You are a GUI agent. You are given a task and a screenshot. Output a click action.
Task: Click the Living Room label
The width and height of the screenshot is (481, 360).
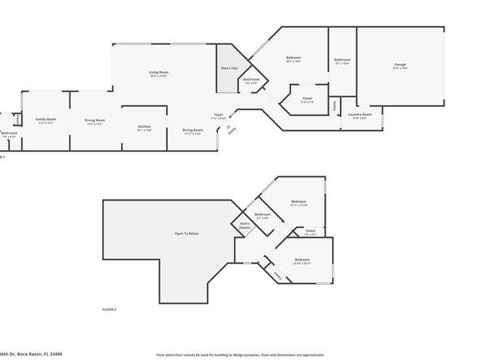158,74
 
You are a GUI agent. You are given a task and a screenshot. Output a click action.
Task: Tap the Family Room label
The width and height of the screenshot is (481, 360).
45,119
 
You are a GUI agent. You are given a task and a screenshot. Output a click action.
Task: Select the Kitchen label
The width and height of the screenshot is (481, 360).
143,126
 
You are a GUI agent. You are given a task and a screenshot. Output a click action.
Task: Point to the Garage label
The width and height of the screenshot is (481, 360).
400,64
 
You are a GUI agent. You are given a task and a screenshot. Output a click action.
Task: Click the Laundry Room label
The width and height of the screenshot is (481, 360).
360,115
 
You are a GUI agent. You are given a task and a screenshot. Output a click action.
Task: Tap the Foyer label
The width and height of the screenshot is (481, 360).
219,115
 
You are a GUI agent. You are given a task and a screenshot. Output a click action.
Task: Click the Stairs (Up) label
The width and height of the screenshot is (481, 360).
229,69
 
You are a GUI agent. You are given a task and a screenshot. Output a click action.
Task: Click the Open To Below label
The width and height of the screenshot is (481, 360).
186,233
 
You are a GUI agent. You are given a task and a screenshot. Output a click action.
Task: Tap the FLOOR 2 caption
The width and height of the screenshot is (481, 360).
109,310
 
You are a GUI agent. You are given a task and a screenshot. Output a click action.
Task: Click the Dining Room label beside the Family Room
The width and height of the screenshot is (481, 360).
95,121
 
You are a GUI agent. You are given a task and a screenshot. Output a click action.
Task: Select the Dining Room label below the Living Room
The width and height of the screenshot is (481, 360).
192,130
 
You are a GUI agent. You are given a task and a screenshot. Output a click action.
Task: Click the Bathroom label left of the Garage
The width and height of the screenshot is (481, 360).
343,59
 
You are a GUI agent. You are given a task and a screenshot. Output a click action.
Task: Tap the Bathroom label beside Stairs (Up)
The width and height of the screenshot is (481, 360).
251,79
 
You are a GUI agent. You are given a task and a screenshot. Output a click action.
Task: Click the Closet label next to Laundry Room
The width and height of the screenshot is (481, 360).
335,105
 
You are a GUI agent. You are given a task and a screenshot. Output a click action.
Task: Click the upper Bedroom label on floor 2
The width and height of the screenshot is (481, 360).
299,201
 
